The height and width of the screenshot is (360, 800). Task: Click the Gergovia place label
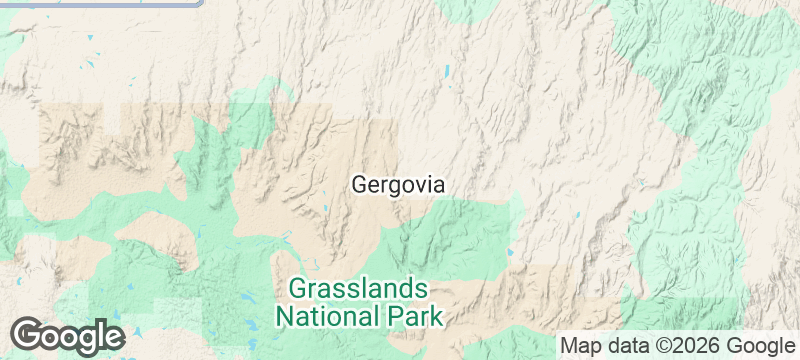point(397,185)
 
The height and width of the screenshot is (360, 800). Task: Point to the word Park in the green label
point(411,318)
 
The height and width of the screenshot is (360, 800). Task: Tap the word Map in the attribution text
point(580,346)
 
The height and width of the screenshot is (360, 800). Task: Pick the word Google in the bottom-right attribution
point(762,346)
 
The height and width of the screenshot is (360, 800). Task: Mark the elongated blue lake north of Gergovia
point(447,72)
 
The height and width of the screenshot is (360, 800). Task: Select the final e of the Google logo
point(112,336)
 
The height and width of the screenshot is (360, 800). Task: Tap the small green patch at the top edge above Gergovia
point(465,9)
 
